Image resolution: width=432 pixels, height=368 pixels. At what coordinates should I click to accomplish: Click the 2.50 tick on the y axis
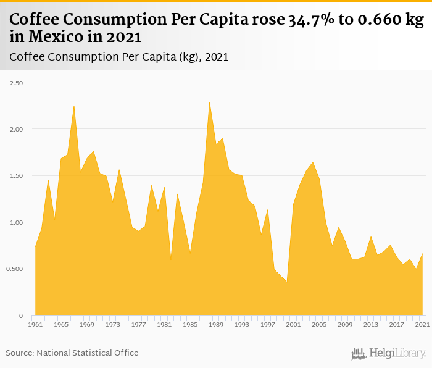(15, 83)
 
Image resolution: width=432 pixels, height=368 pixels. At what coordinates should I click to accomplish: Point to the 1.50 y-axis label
(15, 176)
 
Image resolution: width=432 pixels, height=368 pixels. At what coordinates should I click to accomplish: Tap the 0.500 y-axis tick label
(14, 269)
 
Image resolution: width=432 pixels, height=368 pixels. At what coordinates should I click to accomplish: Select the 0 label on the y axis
(21, 316)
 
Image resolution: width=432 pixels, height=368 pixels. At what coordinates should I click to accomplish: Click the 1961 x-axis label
(35, 324)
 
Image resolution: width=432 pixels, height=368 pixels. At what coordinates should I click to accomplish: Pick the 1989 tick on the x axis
(216, 324)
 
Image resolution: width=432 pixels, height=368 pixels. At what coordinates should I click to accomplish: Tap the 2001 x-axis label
(294, 324)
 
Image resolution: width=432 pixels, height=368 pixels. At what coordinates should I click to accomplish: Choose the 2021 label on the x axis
(422, 324)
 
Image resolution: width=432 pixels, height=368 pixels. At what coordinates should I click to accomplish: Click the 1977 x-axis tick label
(138, 324)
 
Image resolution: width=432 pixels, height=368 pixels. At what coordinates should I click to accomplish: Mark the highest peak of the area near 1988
(210, 102)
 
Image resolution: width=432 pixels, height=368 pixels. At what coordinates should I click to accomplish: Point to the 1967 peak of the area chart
(74, 106)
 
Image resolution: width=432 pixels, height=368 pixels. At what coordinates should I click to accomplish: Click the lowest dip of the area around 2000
(287, 282)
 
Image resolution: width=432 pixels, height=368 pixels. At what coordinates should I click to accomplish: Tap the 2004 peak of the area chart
(313, 162)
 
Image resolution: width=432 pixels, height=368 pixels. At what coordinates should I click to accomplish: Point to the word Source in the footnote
(19, 353)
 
